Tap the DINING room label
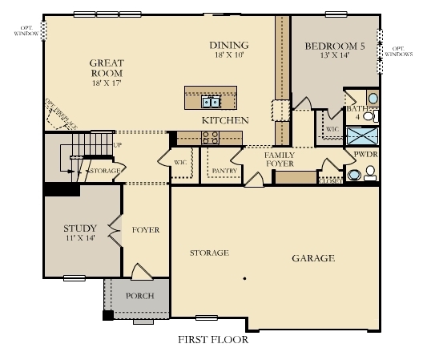pos(229,45)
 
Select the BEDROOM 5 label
pos(335,47)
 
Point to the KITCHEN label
pos(224,120)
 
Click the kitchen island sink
pos(211,102)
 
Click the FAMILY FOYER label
pos(280,159)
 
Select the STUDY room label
pos(80,229)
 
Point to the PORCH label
pos(140,295)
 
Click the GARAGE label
pos(312,258)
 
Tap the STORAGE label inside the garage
pos(209,253)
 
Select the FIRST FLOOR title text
pos(213,339)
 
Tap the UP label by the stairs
pos(118,145)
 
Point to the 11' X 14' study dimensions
pos(79,239)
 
